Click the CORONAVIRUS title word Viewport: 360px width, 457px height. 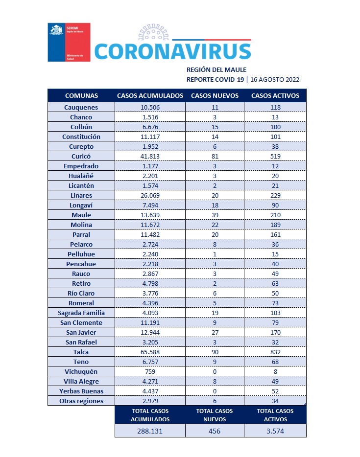[x=172, y=51]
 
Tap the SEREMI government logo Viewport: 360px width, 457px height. [x=69, y=42]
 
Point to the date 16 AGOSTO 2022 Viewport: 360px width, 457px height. [x=275, y=79]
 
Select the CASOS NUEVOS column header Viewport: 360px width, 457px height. [x=215, y=95]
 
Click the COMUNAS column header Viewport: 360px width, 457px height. [x=81, y=95]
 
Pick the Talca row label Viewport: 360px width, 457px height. [x=81, y=352]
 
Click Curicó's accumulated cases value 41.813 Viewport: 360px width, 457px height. [x=150, y=156]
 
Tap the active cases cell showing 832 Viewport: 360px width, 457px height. [x=275, y=352]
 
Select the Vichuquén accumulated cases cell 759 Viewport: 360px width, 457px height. [x=150, y=371]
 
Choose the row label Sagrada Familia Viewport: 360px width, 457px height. [x=81, y=313]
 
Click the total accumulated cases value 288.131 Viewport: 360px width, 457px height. [x=150, y=431]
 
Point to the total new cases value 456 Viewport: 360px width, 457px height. [x=215, y=431]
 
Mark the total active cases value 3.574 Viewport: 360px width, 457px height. [x=275, y=431]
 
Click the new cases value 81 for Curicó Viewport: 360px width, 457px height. [x=215, y=156]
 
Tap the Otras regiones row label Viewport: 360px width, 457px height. [x=81, y=401]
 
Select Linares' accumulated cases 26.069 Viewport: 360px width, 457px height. [x=150, y=195]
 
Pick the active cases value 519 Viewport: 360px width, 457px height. [x=275, y=156]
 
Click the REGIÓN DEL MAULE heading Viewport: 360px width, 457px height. [x=216, y=69]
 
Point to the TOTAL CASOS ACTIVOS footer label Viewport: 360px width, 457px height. [x=275, y=415]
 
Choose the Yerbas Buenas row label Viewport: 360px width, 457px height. [x=81, y=391]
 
